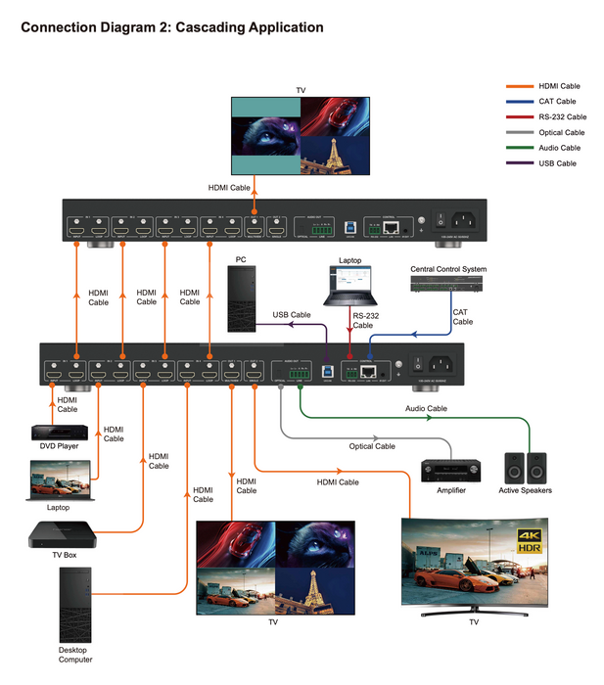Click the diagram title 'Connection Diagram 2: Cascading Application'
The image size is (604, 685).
172,27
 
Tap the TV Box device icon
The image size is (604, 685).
64,535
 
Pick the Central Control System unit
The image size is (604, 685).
447,284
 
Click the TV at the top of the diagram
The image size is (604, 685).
301,137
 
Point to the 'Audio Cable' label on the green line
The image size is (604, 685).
426,408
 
